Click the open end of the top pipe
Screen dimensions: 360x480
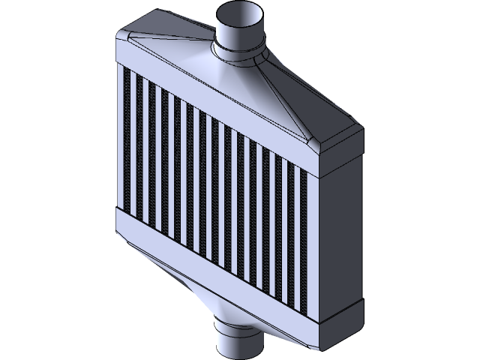click(x=238, y=14)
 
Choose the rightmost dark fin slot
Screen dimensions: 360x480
click(x=304, y=247)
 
